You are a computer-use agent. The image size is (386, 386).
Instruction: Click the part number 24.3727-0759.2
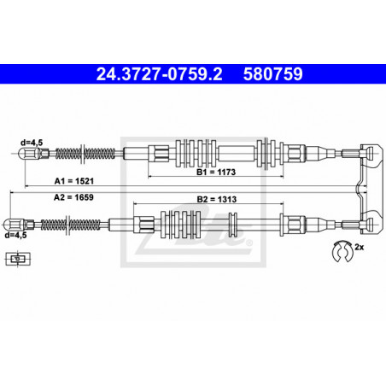159,74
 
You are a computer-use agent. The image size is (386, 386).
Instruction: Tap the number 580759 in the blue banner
272,74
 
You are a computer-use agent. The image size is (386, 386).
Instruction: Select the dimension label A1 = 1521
74,181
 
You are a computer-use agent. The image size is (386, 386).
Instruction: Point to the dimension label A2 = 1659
73,197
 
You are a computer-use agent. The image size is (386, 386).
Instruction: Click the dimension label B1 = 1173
216,172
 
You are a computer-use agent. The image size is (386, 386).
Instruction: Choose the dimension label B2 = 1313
217,199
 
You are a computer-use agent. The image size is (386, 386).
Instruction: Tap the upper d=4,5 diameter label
32,143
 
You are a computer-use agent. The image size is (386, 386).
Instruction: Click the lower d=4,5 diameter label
16,235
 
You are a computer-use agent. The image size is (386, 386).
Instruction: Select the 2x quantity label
360,247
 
